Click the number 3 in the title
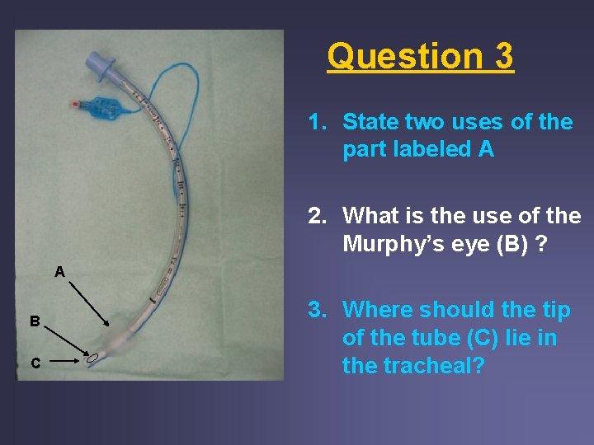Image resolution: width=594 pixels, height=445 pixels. point(503,56)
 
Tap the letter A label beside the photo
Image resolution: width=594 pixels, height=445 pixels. point(59,271)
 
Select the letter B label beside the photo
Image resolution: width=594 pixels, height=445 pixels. point(35,321)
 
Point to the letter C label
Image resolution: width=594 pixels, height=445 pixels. point(35,363)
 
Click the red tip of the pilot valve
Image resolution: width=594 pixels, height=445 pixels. point(75,105)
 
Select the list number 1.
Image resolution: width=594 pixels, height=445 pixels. point(315,122)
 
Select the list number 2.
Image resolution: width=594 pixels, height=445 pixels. point(315,216)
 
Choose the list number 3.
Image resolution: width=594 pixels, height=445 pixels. point(315,310)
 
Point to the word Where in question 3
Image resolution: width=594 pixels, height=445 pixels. point(378,310)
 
